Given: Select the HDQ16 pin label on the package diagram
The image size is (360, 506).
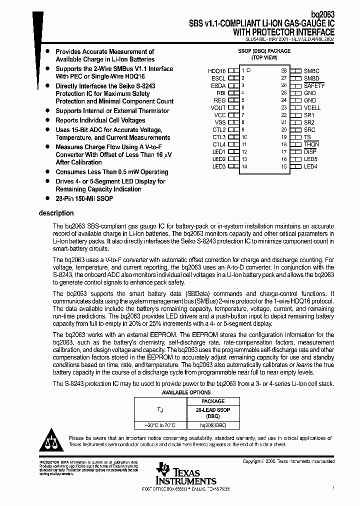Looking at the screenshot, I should [x=217, y=71].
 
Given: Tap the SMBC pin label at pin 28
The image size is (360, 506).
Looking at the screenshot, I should [x=311, y=71].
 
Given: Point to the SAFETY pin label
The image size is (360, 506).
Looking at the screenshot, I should [x=314, y=85].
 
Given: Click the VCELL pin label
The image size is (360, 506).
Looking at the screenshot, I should [x=312, y=107].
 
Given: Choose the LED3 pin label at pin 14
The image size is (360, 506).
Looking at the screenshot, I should [x=219, y=166].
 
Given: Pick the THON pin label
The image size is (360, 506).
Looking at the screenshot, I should [x=311, y=144].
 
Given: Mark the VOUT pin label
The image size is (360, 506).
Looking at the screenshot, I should [x=218, y=107].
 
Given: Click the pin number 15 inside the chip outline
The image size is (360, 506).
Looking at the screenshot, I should [x=284, y=166].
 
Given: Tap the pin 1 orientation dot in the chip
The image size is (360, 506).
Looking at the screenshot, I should [x=248, y=70].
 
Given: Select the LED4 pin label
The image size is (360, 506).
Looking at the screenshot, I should [x=310, y=166].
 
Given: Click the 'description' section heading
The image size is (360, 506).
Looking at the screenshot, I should [x=56, y=213].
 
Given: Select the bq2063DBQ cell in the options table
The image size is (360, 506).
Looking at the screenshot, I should [x=212, y=425].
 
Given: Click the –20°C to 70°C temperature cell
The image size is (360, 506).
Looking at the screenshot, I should [x=160, y=425].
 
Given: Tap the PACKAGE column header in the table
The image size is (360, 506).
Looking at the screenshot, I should [x=212, y=401].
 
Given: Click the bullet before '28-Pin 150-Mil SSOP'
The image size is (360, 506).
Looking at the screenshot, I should [x=47, y=198].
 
